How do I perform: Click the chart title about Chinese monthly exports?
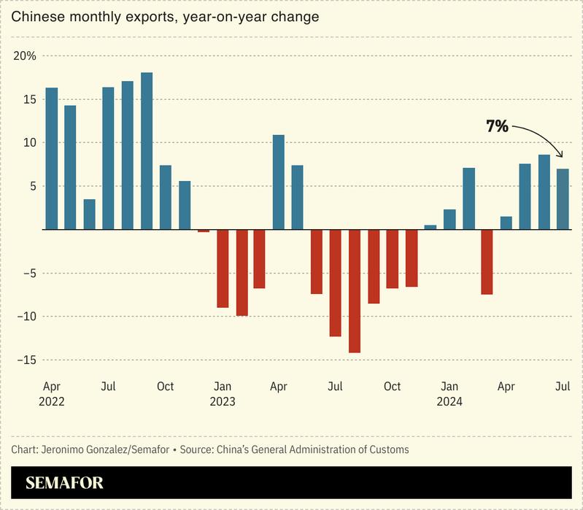[165, 17]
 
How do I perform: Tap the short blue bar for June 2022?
[90, 215]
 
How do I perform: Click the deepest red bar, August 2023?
[355, 291]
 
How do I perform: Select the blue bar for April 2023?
[279, 182]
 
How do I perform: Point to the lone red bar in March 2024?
[487, 262]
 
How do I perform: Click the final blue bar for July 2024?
[563, 199]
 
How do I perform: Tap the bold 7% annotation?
[497, 126]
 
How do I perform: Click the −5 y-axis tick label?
[26, 274]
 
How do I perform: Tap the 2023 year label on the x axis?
[223, 401]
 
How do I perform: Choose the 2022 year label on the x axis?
[53, 401]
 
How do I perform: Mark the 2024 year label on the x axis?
[449, 401]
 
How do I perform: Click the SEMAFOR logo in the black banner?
[64, 482]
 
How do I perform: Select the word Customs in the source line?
[389, 449]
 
